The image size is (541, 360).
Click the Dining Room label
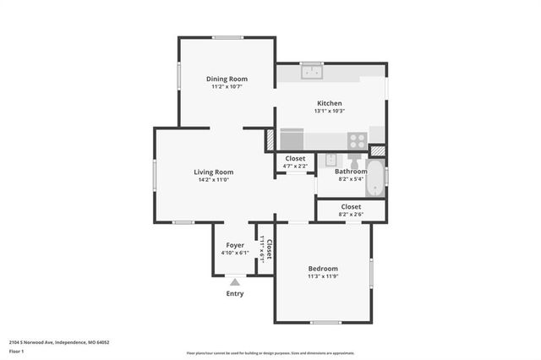tap(227, 79)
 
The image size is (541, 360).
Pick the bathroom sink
tap(331, 159)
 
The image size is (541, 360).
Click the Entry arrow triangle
tap(235, 282)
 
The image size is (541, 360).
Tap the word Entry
tap(235, 294)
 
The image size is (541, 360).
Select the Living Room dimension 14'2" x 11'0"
tap(216, 180)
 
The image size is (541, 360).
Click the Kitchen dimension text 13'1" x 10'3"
tap(330, 111)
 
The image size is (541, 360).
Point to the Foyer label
tap(235, 245)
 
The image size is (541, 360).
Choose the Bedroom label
tap(322, 268)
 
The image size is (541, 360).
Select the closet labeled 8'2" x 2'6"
tap(351, 210)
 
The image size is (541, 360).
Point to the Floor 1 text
tap(17, 351)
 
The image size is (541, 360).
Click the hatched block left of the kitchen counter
tap(270, 138)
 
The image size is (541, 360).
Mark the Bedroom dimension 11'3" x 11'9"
tap(322, 276)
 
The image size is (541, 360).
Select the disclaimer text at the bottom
tap(270, 352)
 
